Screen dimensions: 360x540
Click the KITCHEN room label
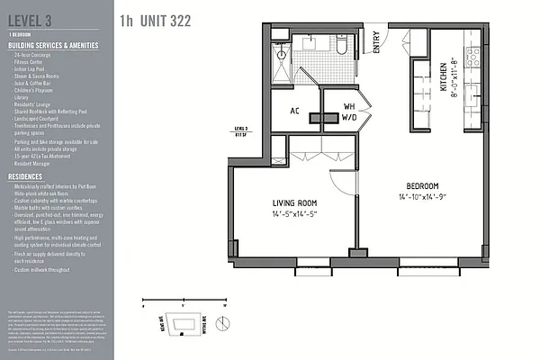pyautogui.click(x=445, y=77)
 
